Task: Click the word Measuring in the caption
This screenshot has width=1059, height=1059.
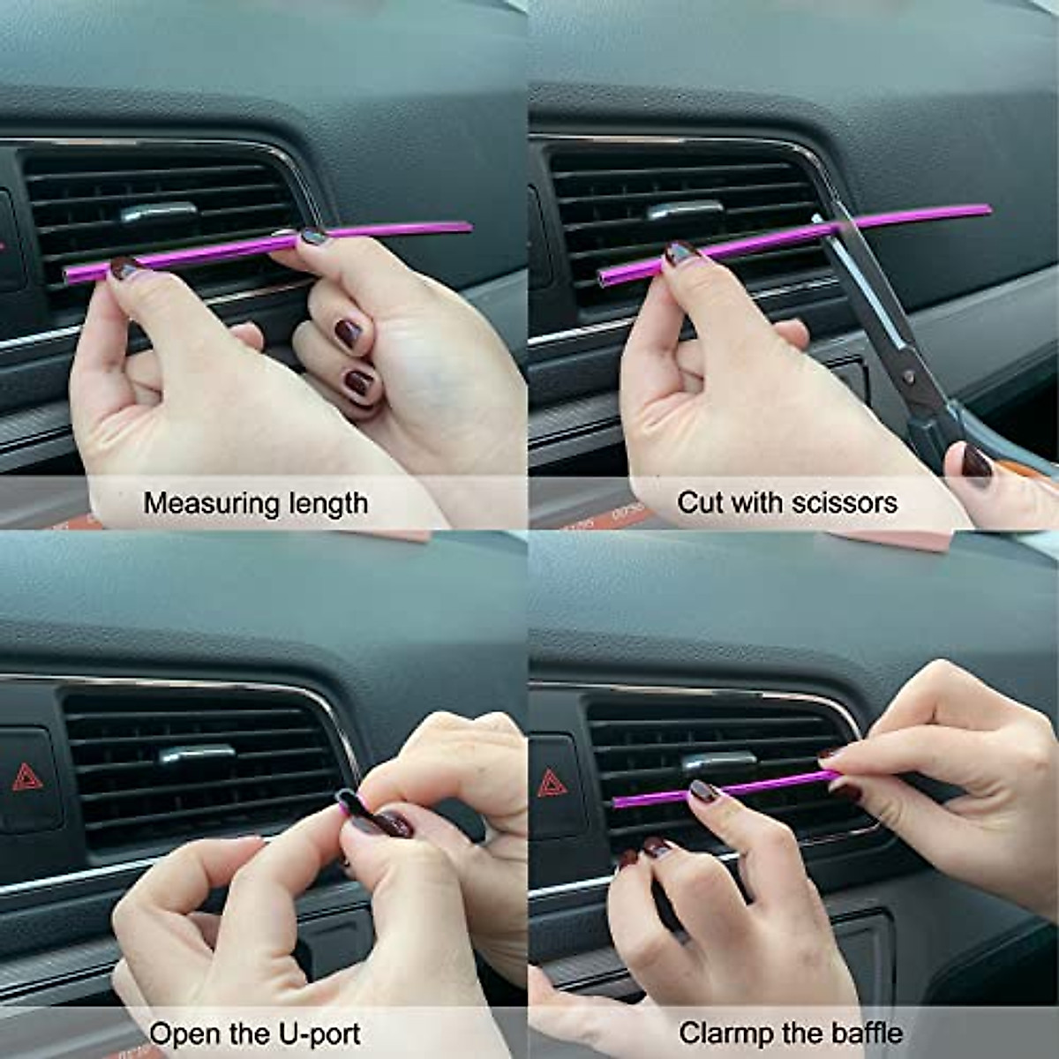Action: tap(200, 504)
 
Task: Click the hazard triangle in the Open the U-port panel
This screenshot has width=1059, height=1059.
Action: tap(26, 777)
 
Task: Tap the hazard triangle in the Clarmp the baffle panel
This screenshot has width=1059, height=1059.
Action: tap(552, 783)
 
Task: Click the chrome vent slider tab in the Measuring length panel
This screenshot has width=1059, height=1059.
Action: tap(159, 213)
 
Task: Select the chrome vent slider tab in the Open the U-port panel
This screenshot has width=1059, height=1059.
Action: tap(196, 755)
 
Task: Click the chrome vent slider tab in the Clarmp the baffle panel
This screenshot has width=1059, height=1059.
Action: tap(718, 759)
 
